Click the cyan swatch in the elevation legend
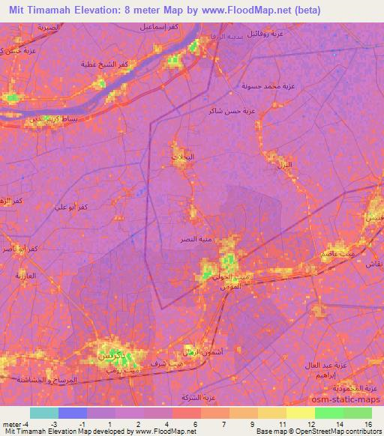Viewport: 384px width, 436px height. tap(44, 413)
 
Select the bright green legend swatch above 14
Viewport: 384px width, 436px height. tap(329, 413)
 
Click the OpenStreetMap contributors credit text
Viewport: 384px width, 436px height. tap(340, 432)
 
